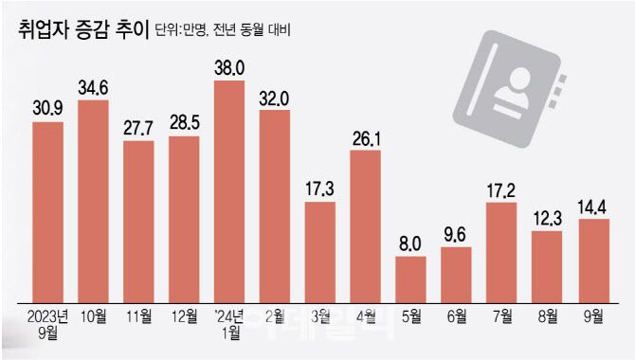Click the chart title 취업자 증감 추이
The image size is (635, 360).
pos(82,31)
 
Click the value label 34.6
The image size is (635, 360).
pos(93,87)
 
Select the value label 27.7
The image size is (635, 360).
pos(139,128)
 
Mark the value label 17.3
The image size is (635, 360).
pos(321,189)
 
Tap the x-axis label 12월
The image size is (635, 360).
pos(184,315)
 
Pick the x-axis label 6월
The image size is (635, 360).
pos(457,315)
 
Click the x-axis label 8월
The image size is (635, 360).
pos(548,315)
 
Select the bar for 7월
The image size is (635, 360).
pos(502,248)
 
